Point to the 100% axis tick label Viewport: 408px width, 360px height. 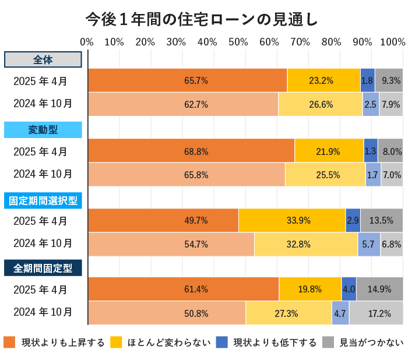pyautogui.click(x=393, y=42)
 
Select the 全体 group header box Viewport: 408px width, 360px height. pyautogui.click(x=43, y=60)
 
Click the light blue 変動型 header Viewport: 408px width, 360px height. pyautogui.click(x=43, y=129)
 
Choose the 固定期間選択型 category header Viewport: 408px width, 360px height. pyautogui.click(x=43, y=200)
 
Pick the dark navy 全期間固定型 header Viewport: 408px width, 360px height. pyautogui.click(x=43, y=269)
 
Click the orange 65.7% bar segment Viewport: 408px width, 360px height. pyautogui.click(x=187, y=80)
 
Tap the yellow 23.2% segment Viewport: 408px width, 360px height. pyautogui.click(x=323, y=80)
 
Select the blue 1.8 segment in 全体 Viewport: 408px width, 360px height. pyautogui.click(x=367, y=80)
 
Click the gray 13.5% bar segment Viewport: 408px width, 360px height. pyautogui.click(x=381, y=221)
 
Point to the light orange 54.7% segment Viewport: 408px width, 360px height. pyautogui.click(x=171, y=244)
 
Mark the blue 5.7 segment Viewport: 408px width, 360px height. pyautogui.click(x=368, y=244)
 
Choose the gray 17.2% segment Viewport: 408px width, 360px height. pyautogui.click(x=376, y=313)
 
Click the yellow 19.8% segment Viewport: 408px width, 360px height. pyautogui.click(x=310, y=290)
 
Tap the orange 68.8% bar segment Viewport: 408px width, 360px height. pyautogui.click(x=191, y=151)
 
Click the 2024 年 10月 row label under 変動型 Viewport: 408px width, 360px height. pyautogui.click(x=43, y=174)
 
